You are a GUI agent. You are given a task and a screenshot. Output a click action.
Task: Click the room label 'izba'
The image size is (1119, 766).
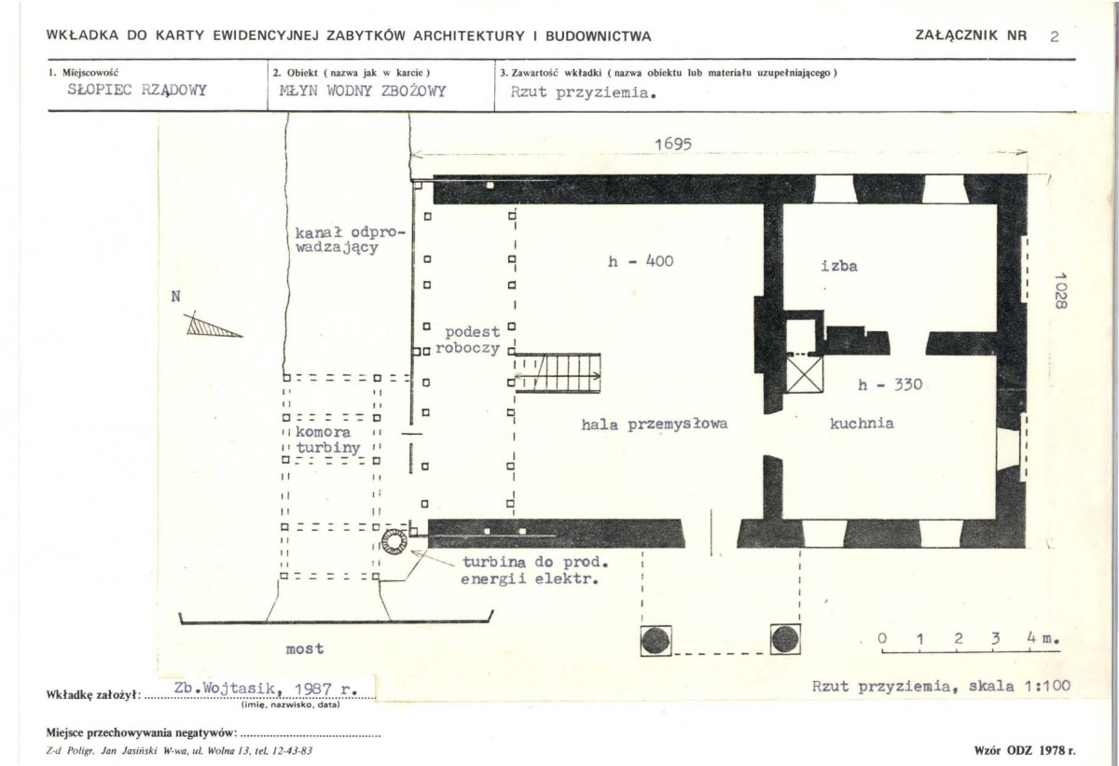coord(839,266)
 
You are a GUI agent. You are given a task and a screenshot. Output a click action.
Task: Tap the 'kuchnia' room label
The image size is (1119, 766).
coord(862,424)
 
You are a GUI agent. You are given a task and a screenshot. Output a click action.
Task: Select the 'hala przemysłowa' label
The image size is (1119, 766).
coord(655,425)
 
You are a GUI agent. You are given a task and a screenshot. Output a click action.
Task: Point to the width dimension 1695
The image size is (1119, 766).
coord(673,144)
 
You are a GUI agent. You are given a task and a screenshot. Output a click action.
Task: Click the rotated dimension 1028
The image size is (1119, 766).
coord(1060,290)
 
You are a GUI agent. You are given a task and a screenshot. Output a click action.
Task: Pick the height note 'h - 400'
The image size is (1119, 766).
coord(641,261)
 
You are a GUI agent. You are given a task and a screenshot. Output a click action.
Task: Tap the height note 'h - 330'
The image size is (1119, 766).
coord(890,384)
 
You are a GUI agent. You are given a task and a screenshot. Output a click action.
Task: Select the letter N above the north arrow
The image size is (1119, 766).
coord(176,297)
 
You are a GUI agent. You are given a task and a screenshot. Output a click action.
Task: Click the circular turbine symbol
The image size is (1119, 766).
coord(394,542)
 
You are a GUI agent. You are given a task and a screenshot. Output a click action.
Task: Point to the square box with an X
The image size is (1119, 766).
coord(804,375)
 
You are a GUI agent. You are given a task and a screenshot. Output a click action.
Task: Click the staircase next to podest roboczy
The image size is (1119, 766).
coord(558,373)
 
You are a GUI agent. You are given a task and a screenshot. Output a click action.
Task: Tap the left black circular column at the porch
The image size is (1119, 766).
coord(656,641)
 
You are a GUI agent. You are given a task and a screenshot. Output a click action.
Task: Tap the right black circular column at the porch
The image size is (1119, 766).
coord(785,639)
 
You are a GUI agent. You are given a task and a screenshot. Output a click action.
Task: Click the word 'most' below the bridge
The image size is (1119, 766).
coord(305,649)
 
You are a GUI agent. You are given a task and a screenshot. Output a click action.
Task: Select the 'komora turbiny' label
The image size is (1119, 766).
coord(327,439)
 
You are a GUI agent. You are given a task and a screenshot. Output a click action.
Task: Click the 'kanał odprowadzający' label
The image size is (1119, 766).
coord(350,240)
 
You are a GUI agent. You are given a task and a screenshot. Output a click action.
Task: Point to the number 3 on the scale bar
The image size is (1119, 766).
coord(996,638)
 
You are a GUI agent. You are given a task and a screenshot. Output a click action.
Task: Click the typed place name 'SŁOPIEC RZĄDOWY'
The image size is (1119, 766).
coord(137,90)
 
